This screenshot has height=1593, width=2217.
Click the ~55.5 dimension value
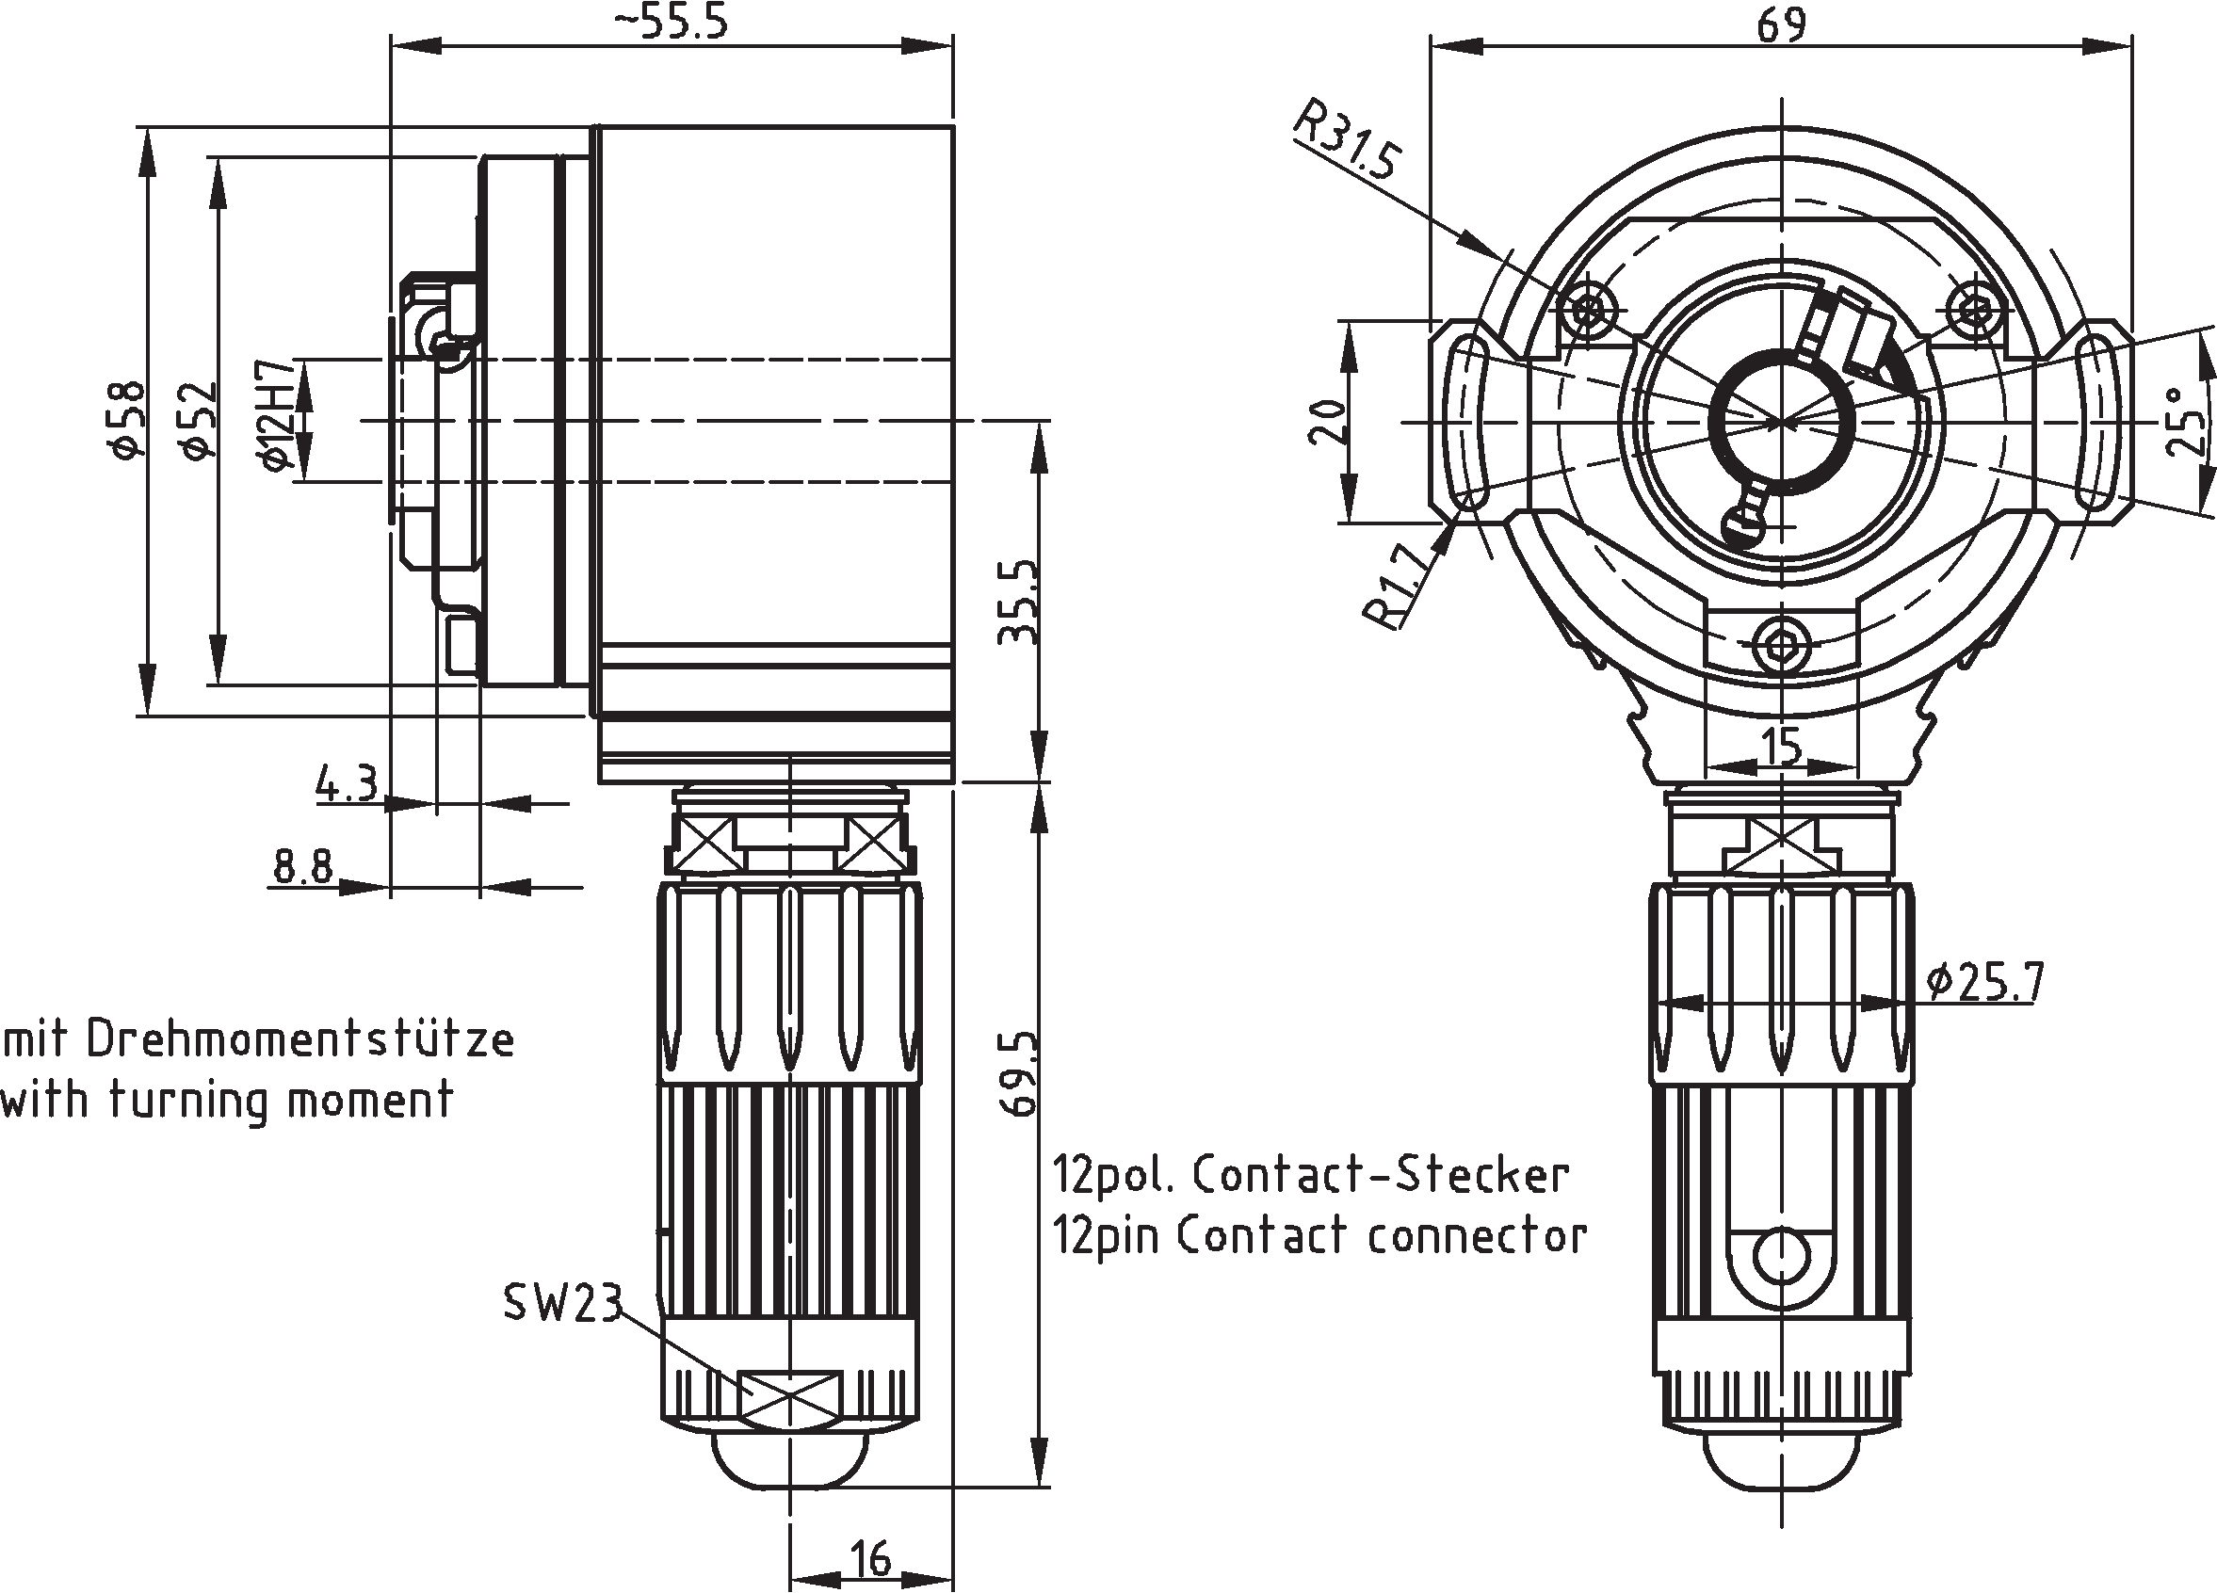(671, 22)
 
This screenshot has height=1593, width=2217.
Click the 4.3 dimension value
(345, 784)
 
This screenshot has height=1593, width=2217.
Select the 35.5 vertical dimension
(1016, 602)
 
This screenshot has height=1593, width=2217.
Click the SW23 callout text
(562, 1303)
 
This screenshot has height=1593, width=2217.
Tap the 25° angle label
(2186, 422)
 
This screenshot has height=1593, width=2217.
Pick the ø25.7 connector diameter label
(1984, 981)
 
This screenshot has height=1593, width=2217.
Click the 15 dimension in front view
(1781, 747)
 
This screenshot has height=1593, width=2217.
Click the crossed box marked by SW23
(791, 1396)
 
